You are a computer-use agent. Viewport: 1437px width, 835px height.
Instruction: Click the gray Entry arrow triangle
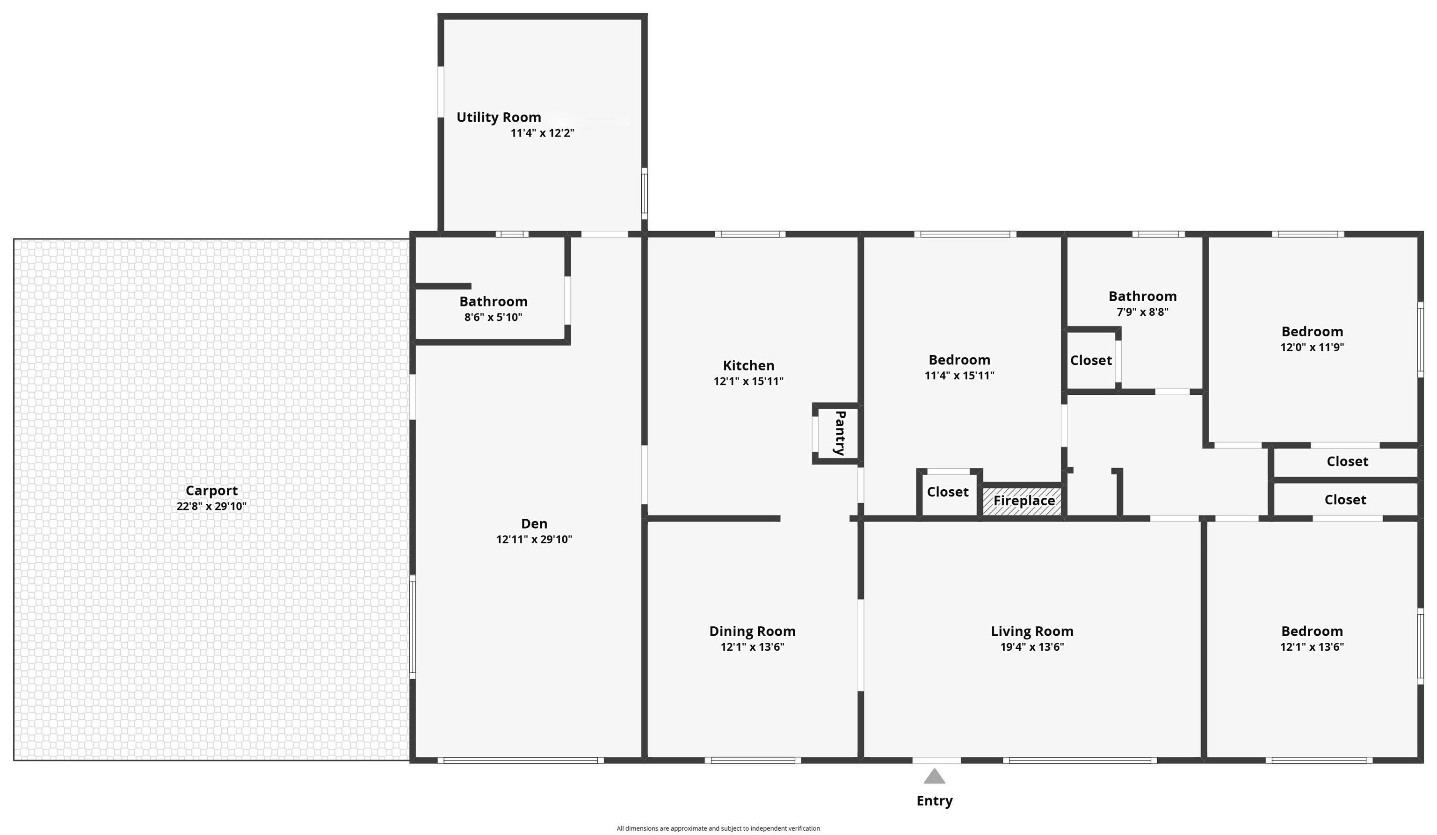[x=934, y=776]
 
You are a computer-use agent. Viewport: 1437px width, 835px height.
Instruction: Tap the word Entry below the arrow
[x=934, y=801]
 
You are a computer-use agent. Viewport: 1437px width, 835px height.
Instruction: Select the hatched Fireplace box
[x=1022, y=501]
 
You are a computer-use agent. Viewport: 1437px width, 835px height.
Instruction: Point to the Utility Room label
[x=498, y=117]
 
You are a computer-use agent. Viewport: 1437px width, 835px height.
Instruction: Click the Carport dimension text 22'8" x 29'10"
[x=211, y=506]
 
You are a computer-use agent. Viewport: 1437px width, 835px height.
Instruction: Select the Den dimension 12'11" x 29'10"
[x=534, y=539]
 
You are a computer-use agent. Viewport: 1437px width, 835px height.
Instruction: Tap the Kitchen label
[x=748, y=366]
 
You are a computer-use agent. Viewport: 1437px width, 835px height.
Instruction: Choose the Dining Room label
[x=752, y=632]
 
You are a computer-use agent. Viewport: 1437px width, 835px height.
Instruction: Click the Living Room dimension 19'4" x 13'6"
[x=1032, y=647]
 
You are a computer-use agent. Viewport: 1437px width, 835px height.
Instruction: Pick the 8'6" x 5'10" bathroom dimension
[x=493, y=317]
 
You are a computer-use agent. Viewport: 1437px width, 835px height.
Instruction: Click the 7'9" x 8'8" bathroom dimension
[x=1142, y=312]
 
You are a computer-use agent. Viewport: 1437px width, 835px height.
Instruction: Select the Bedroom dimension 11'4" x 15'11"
[x=959, y=375]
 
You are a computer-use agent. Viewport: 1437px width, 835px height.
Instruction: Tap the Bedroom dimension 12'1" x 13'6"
[x=1312, y=647]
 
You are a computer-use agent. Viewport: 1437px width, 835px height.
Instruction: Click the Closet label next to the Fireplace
[x=948, y=492]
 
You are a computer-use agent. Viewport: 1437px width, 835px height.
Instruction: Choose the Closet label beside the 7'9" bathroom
[x=1091, y=361]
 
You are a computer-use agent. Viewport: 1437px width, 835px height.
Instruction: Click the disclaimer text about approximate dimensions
[x=718, y=828]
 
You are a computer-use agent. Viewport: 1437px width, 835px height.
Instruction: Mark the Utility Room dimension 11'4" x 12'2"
[x=542, y=133]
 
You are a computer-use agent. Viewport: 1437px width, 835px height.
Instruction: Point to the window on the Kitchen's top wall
[x=750, y=234]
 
